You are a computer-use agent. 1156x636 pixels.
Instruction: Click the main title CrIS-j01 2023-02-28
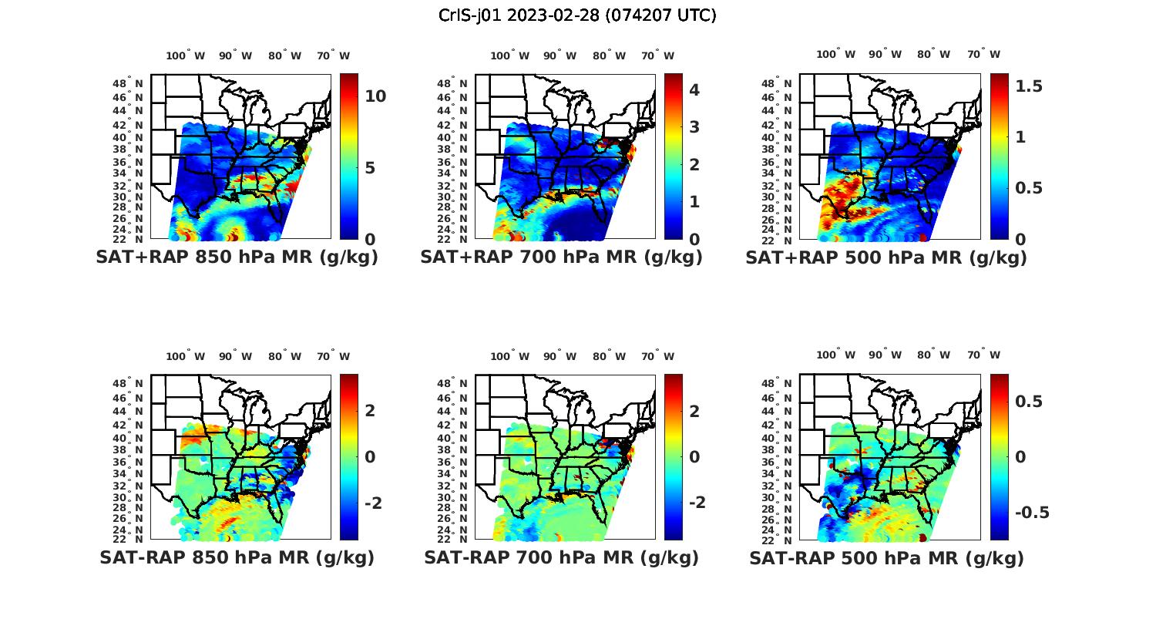pyautogui.click(x=577, y=15)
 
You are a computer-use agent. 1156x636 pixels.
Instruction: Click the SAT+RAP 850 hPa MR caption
pyautogui.click(x=237, y=257)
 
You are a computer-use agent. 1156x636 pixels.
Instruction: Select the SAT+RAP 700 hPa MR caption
pyautogui.click(x=561, y=257)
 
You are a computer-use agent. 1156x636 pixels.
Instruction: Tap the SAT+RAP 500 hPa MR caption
pyautogui.click(x=886, y=257)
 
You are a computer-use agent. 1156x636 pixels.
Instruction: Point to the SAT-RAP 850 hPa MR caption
pyautogui.click(x=237, y=557)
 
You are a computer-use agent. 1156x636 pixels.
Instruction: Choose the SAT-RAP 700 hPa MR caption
pyautogui.click(x=561, y=557)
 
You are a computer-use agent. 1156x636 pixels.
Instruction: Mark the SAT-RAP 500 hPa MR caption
pyautogui.click(x=886, y=557)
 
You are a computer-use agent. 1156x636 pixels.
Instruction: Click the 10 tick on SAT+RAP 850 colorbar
pyautogui.click(x=375, y=96)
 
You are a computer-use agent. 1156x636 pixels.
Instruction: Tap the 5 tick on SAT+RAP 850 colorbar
pyautogui.click(x=370, y=168)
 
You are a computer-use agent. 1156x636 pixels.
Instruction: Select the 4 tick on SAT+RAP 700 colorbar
pyautogui.click(x=694, y=89)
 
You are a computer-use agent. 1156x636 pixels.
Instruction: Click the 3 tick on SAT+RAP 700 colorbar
pyautogui.click(x=694, y=127)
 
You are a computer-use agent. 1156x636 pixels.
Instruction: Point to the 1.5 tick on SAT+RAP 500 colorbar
pyautogui.click(x=1029, y=86)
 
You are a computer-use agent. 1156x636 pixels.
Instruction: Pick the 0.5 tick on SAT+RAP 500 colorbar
pyautogui.click(x=1029, y=188)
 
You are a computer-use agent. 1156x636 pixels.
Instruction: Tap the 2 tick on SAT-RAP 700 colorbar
pyautogui.click(x=694, y=411)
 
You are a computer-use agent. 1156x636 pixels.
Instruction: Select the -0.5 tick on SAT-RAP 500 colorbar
pyautogui.click(x=1032, y=513)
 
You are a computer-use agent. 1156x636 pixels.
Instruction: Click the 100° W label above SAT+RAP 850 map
pyautogui.click(x=185, y=56)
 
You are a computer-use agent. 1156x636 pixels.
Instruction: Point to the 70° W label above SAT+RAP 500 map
pyautogui.click(x=983, y=54)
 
